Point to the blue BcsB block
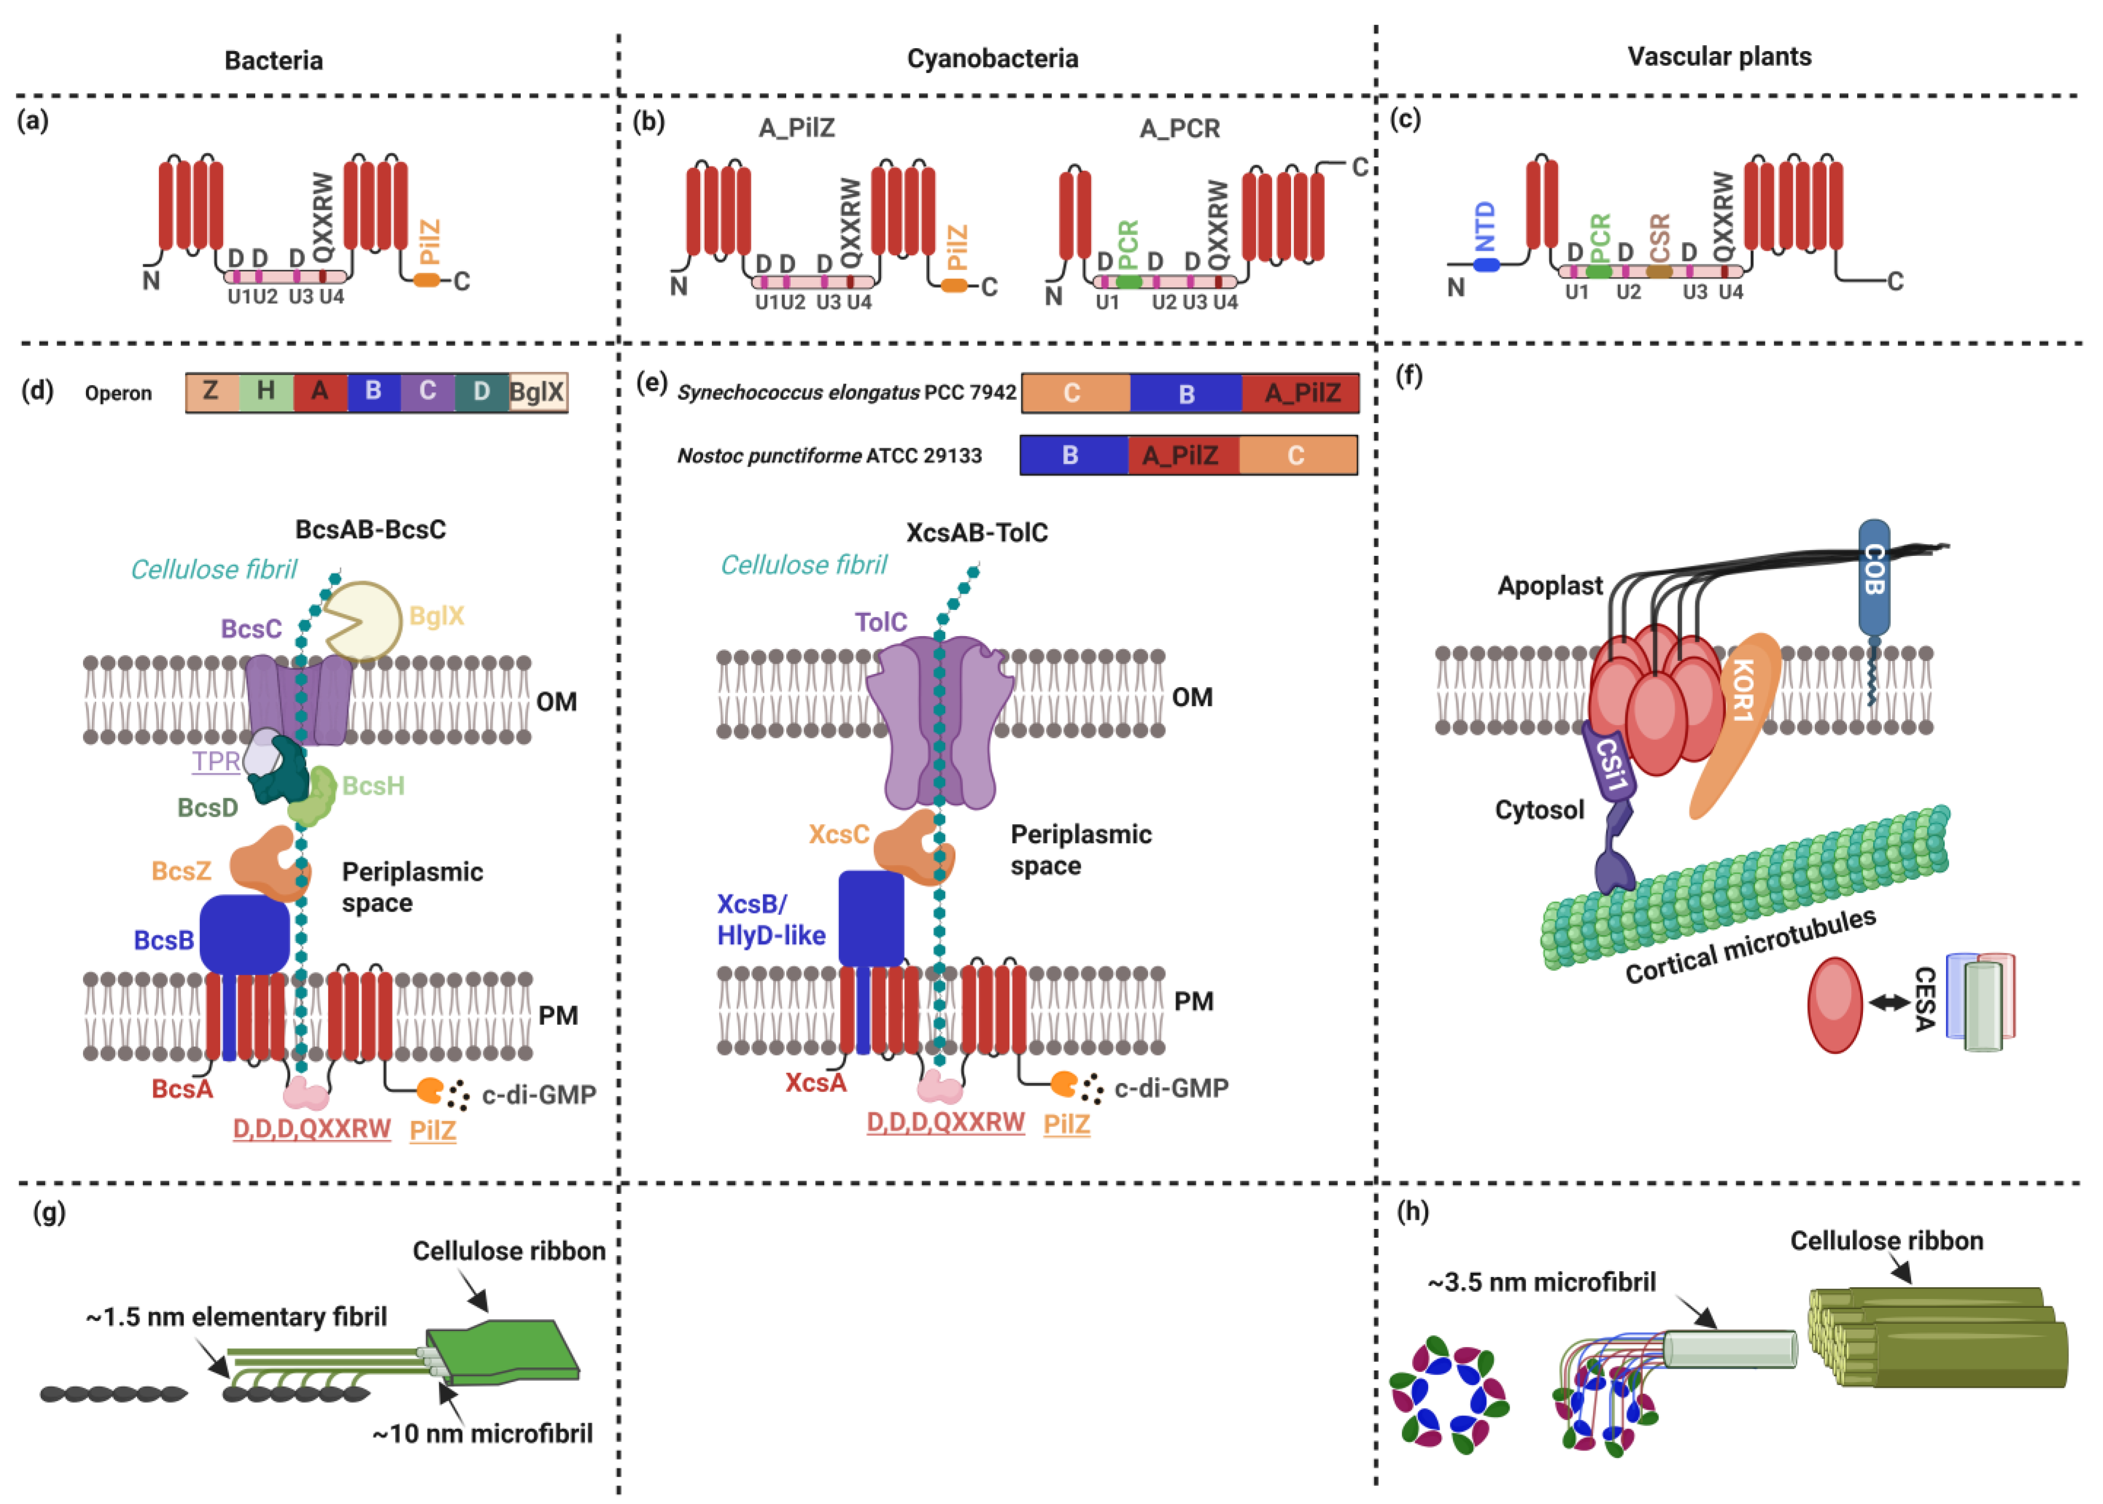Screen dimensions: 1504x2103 (244, 934)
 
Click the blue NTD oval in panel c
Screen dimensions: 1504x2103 (1485, 265)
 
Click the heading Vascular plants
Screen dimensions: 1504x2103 (1719, 56)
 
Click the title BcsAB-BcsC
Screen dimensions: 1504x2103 (370, 530)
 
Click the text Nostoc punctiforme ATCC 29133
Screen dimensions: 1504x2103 (829, 456)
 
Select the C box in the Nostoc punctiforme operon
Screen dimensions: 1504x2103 (1296, 456)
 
